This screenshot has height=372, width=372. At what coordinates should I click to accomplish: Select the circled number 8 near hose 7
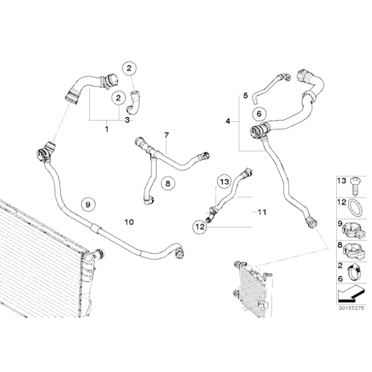coord(165,183)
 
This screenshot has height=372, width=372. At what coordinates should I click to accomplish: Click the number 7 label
coord(166,135)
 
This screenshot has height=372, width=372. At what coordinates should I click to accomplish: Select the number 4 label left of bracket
coord(228,121)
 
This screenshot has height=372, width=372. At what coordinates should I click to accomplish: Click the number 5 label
coord(245,96)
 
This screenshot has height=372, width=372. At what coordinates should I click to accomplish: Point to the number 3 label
coord(128,120)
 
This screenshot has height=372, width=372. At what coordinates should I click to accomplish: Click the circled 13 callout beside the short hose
coord(223,182)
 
